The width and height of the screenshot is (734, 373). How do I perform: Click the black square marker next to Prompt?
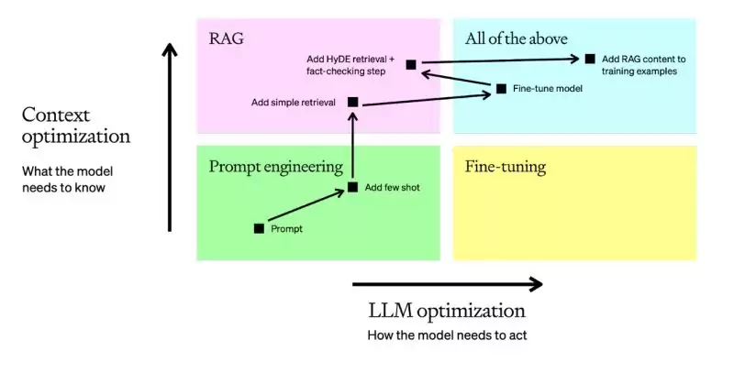pos(259,228)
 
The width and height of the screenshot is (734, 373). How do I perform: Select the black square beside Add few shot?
pos(352,187)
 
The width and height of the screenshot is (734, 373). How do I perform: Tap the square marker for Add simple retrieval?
pos(352,103)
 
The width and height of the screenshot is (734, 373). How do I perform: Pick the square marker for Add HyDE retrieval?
pos(411,64)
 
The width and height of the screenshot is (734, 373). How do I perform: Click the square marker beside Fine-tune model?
pos(501,89)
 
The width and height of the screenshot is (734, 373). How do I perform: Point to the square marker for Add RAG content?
pos(590,59)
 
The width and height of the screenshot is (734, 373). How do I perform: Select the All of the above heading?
pos(517,38)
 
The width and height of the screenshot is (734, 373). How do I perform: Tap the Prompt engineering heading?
pos(276,167)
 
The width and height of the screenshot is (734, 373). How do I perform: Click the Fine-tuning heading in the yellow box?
pos(506,167)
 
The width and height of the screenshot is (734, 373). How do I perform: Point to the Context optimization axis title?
pos(76,126)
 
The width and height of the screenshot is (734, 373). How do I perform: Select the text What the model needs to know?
pos(68,179)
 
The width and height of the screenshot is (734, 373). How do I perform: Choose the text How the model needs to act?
pos(447,335)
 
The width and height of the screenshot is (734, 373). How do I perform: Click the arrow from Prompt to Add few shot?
pos(306,208)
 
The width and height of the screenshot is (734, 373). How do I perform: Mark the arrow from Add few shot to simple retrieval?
pos(352,147)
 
